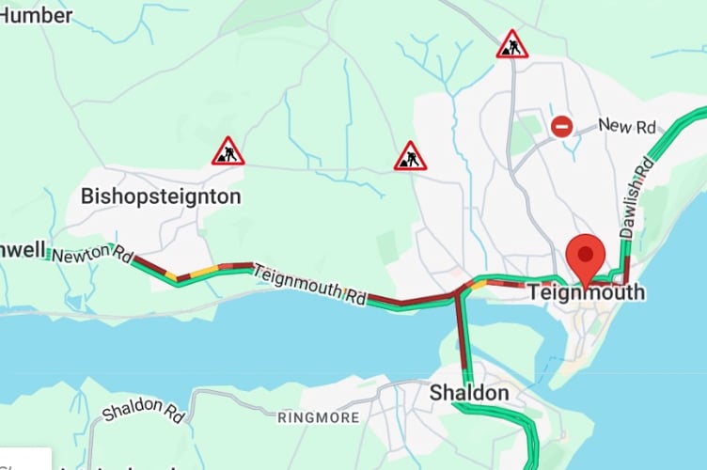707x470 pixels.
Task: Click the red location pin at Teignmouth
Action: (x=588, y=255)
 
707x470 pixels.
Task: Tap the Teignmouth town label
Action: (x=587, y=292)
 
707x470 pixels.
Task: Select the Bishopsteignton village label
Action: (x=161, y=196)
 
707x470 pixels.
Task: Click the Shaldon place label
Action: (x=469, y=393)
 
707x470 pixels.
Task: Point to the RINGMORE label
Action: (x=319, y=416)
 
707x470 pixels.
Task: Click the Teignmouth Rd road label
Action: (x=309, y=283)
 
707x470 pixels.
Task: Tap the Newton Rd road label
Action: (x=92, y=253)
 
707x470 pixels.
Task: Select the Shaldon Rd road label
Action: (x=144, y=411)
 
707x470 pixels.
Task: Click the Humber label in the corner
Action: (x=36, y=15)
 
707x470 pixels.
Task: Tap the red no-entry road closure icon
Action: (x=561, y=126)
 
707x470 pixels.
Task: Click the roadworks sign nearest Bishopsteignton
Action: (x=228, y=151)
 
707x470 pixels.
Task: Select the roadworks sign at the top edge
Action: (x=511, y=44)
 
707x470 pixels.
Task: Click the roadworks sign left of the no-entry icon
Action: (x=410, y=156)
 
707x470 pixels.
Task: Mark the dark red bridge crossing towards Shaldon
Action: (x=462, y=329)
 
